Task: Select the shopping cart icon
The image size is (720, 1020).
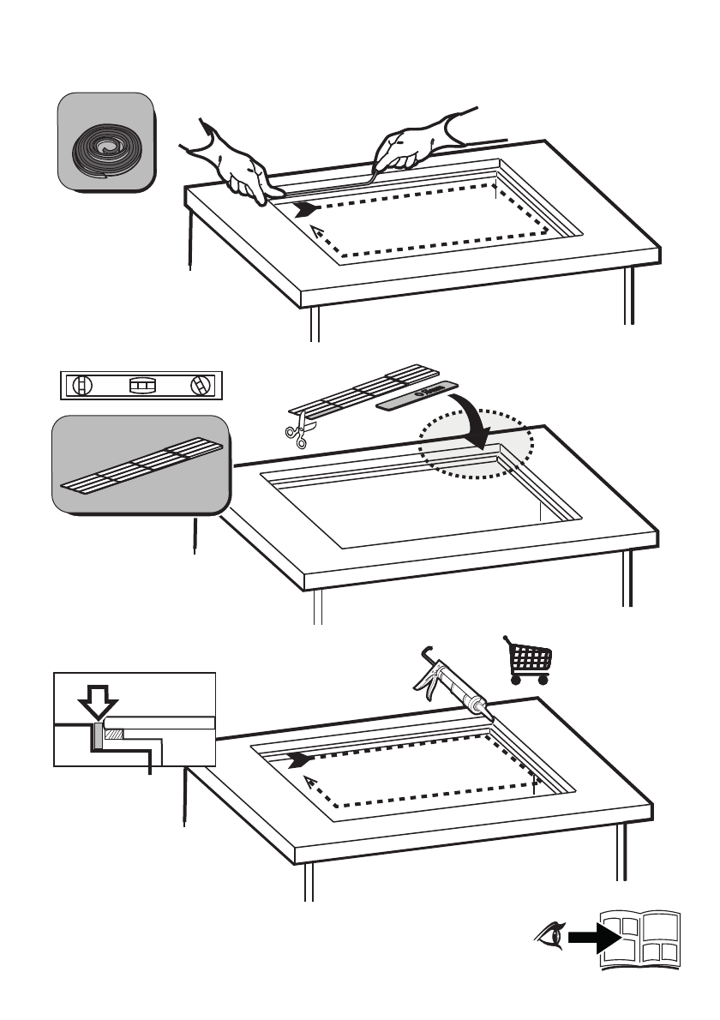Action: (x=530, y=661)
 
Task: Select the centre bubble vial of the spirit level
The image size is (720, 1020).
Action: (x=141, y=387)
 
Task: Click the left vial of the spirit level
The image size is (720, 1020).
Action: (x=82, y=386)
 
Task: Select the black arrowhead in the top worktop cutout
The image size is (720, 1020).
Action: (x=304, y=209)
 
